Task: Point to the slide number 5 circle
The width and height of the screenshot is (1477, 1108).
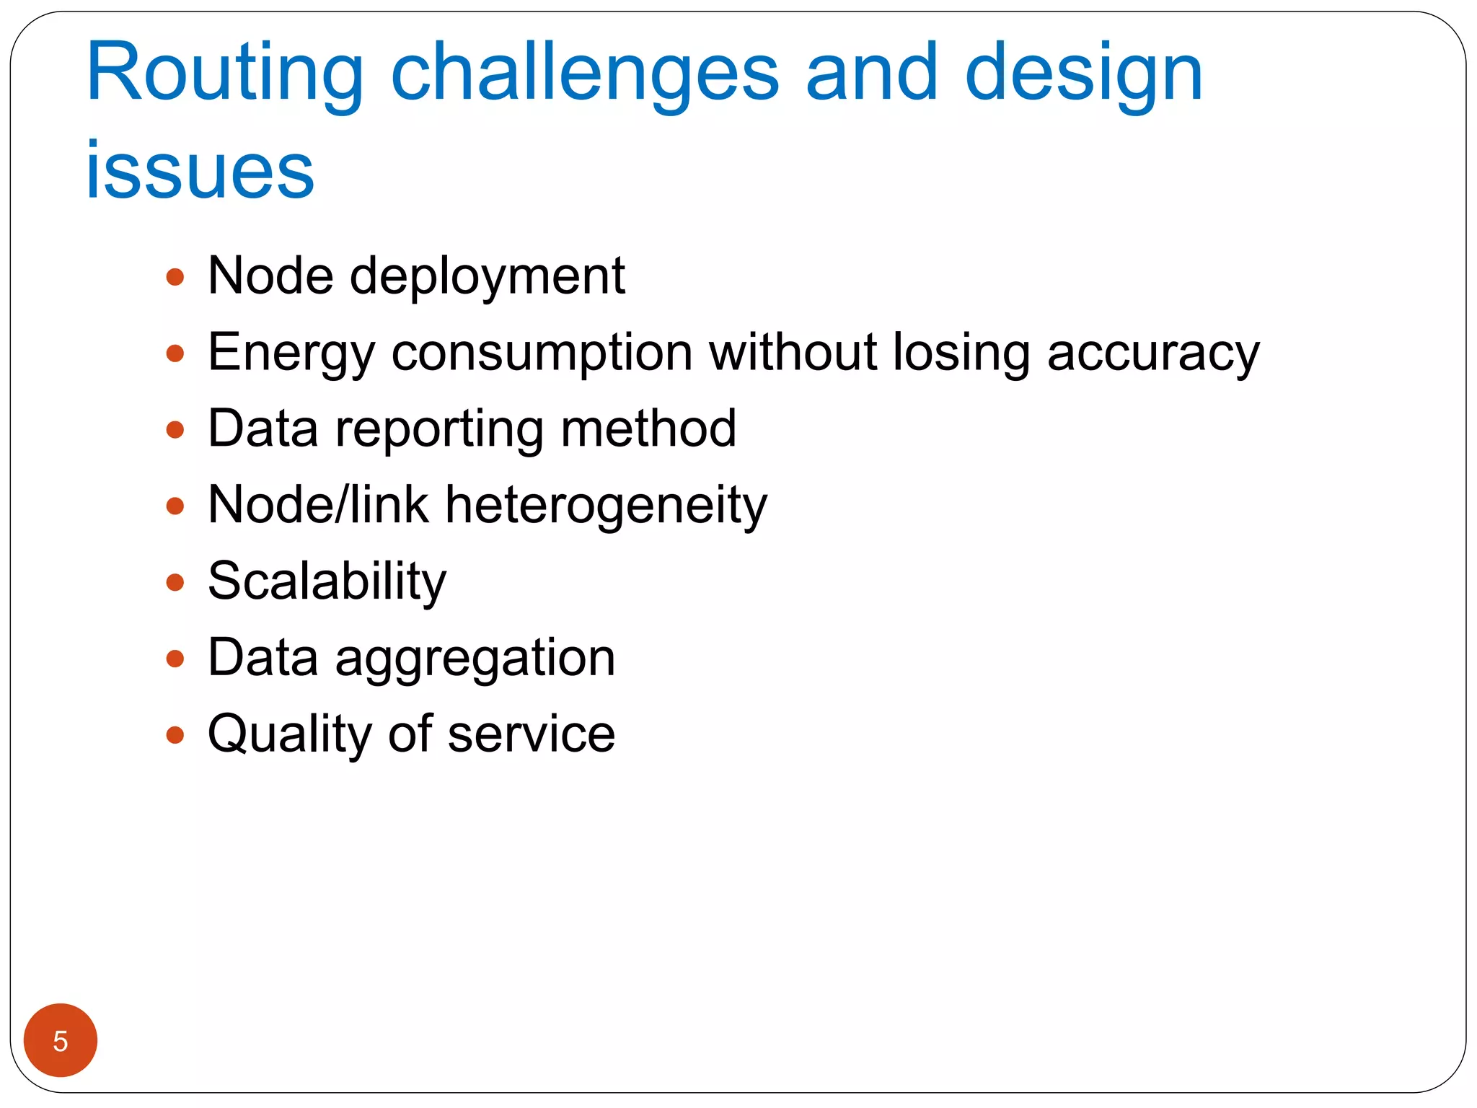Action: (61, 1040)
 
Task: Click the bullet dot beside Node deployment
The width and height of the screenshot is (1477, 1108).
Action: (175, 277)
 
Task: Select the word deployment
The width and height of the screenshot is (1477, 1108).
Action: (488, 277)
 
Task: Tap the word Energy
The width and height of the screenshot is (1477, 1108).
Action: (291, 353)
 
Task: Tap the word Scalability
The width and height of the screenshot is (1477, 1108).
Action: (327, 581)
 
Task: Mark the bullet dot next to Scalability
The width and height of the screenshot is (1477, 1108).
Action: (175, 582)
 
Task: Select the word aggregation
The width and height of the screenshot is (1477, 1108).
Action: (475, 659)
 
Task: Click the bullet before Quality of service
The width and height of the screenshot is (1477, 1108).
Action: (175, 735)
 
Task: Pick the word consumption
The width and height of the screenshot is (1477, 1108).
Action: (542, 353)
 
